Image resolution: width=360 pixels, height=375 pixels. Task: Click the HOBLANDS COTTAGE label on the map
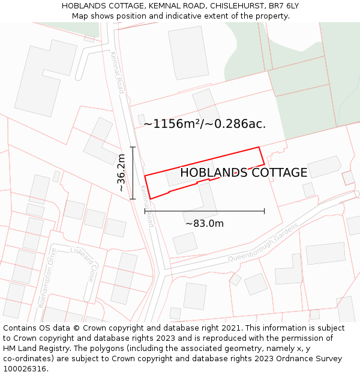(244, 173)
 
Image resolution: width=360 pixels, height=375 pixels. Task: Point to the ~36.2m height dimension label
(121, 173)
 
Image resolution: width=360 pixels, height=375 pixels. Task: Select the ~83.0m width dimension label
(205, 224)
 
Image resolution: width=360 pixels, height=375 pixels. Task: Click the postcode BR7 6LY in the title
(283, 6)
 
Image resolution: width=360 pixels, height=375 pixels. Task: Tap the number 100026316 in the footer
(25, 369)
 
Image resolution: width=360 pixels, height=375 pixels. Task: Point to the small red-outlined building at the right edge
(348, 178)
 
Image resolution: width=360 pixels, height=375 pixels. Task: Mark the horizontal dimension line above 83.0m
(205, 211)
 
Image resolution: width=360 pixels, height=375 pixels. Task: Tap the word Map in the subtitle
(81, 16)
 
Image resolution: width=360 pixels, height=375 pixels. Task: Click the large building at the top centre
(188, 53)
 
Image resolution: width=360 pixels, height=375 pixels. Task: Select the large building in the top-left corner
(45, 78)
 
